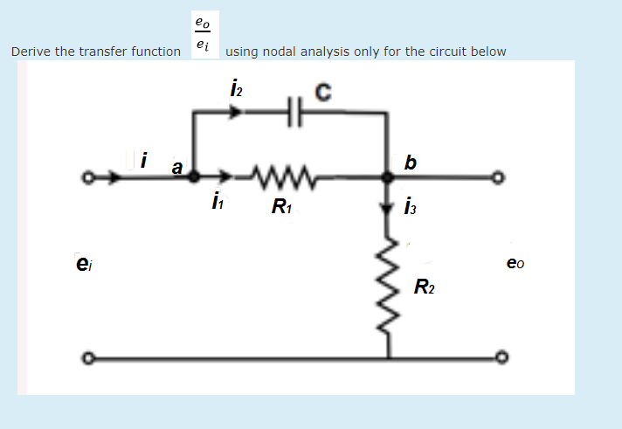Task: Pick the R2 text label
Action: (424, 287)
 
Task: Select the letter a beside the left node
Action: (177, 165)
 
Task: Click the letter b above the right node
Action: (411, 162)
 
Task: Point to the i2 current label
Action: (235, 89)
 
